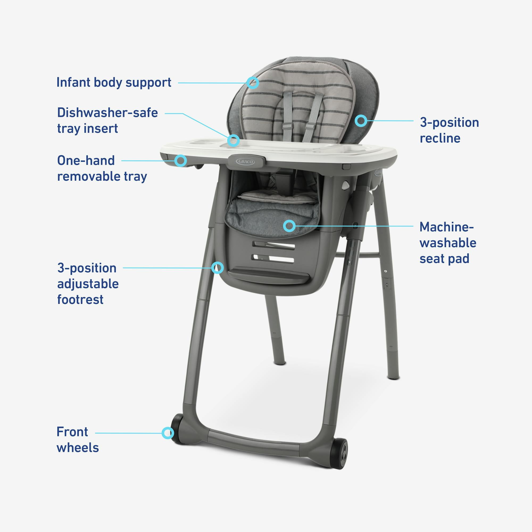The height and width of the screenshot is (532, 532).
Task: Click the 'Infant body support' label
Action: coord(114,82)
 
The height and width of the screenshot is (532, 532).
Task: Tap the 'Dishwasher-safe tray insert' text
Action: coord(107,120)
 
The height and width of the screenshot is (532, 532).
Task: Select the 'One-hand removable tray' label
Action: coord(102,168)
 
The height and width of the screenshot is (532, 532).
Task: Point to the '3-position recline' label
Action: coord(449,130)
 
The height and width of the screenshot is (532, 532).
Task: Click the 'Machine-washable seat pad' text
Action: coord(448,243)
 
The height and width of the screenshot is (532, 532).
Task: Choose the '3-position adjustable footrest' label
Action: coord(88,283)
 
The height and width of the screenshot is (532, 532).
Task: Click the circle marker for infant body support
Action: coord(252,83)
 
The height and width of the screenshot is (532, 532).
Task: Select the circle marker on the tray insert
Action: coord(233,140)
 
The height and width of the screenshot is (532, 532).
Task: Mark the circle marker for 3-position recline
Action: coord(361,120)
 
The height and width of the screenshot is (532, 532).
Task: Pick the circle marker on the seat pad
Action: coord(289,226)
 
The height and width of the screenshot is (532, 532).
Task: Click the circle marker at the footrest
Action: coord(217,267)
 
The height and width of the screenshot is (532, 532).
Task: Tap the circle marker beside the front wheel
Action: coord(167,433)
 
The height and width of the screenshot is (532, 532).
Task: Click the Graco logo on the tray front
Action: coord(245,161)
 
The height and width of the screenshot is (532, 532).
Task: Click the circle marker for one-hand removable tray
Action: coord(181,161)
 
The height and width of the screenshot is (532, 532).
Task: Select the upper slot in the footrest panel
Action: coord(274,245)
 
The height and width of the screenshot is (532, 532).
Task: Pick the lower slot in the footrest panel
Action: coord(273,259)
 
